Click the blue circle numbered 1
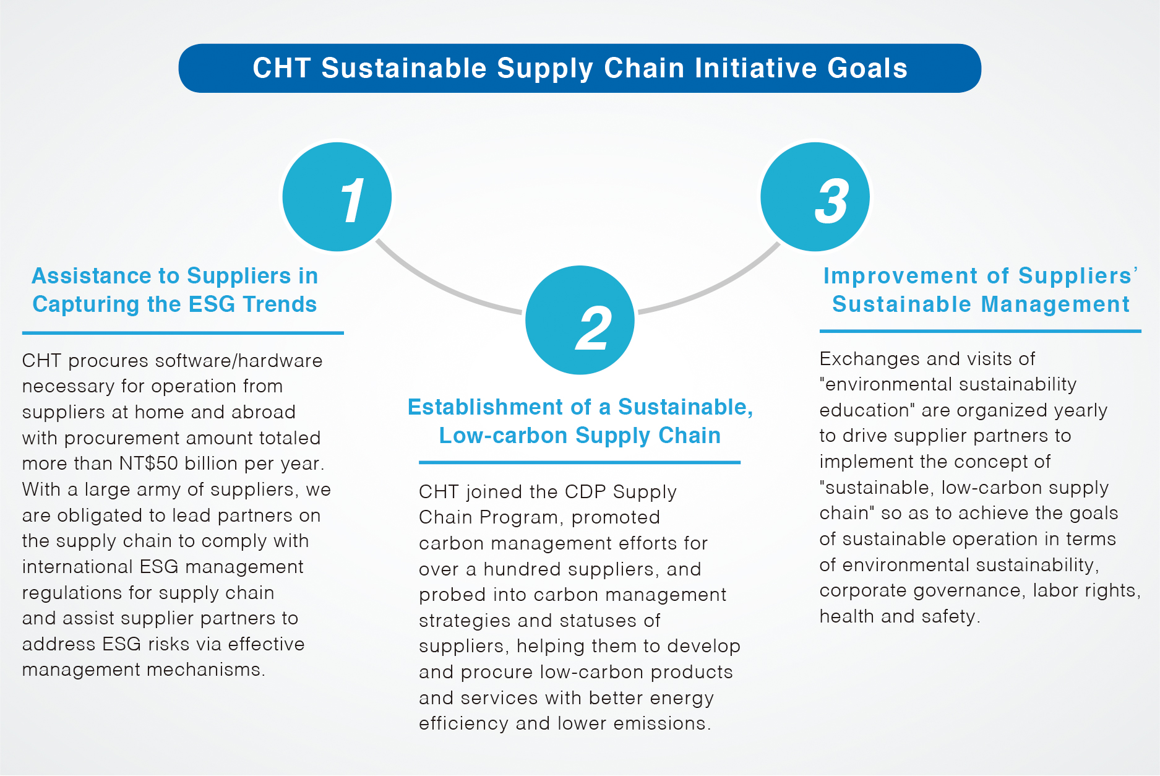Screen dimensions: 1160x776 337,197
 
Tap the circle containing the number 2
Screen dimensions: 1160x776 580,320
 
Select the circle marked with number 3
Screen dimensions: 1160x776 815,197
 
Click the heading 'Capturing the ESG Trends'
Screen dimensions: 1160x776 174,304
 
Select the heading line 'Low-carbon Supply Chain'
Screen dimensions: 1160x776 580,436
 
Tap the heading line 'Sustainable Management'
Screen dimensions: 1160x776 981,304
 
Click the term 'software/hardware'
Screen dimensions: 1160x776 238,361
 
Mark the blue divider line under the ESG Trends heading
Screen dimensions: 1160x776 183,333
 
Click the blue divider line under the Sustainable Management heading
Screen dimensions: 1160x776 981,331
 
